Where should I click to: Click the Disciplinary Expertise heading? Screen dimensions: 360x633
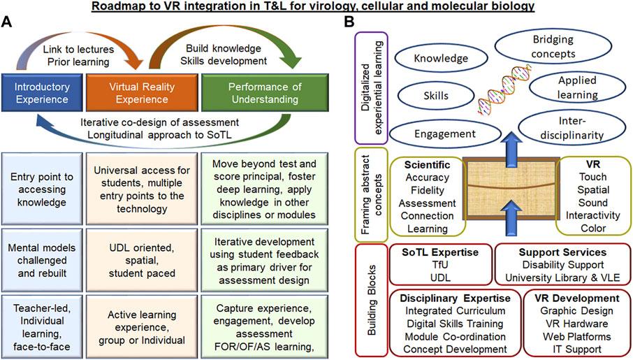click(453, 298)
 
